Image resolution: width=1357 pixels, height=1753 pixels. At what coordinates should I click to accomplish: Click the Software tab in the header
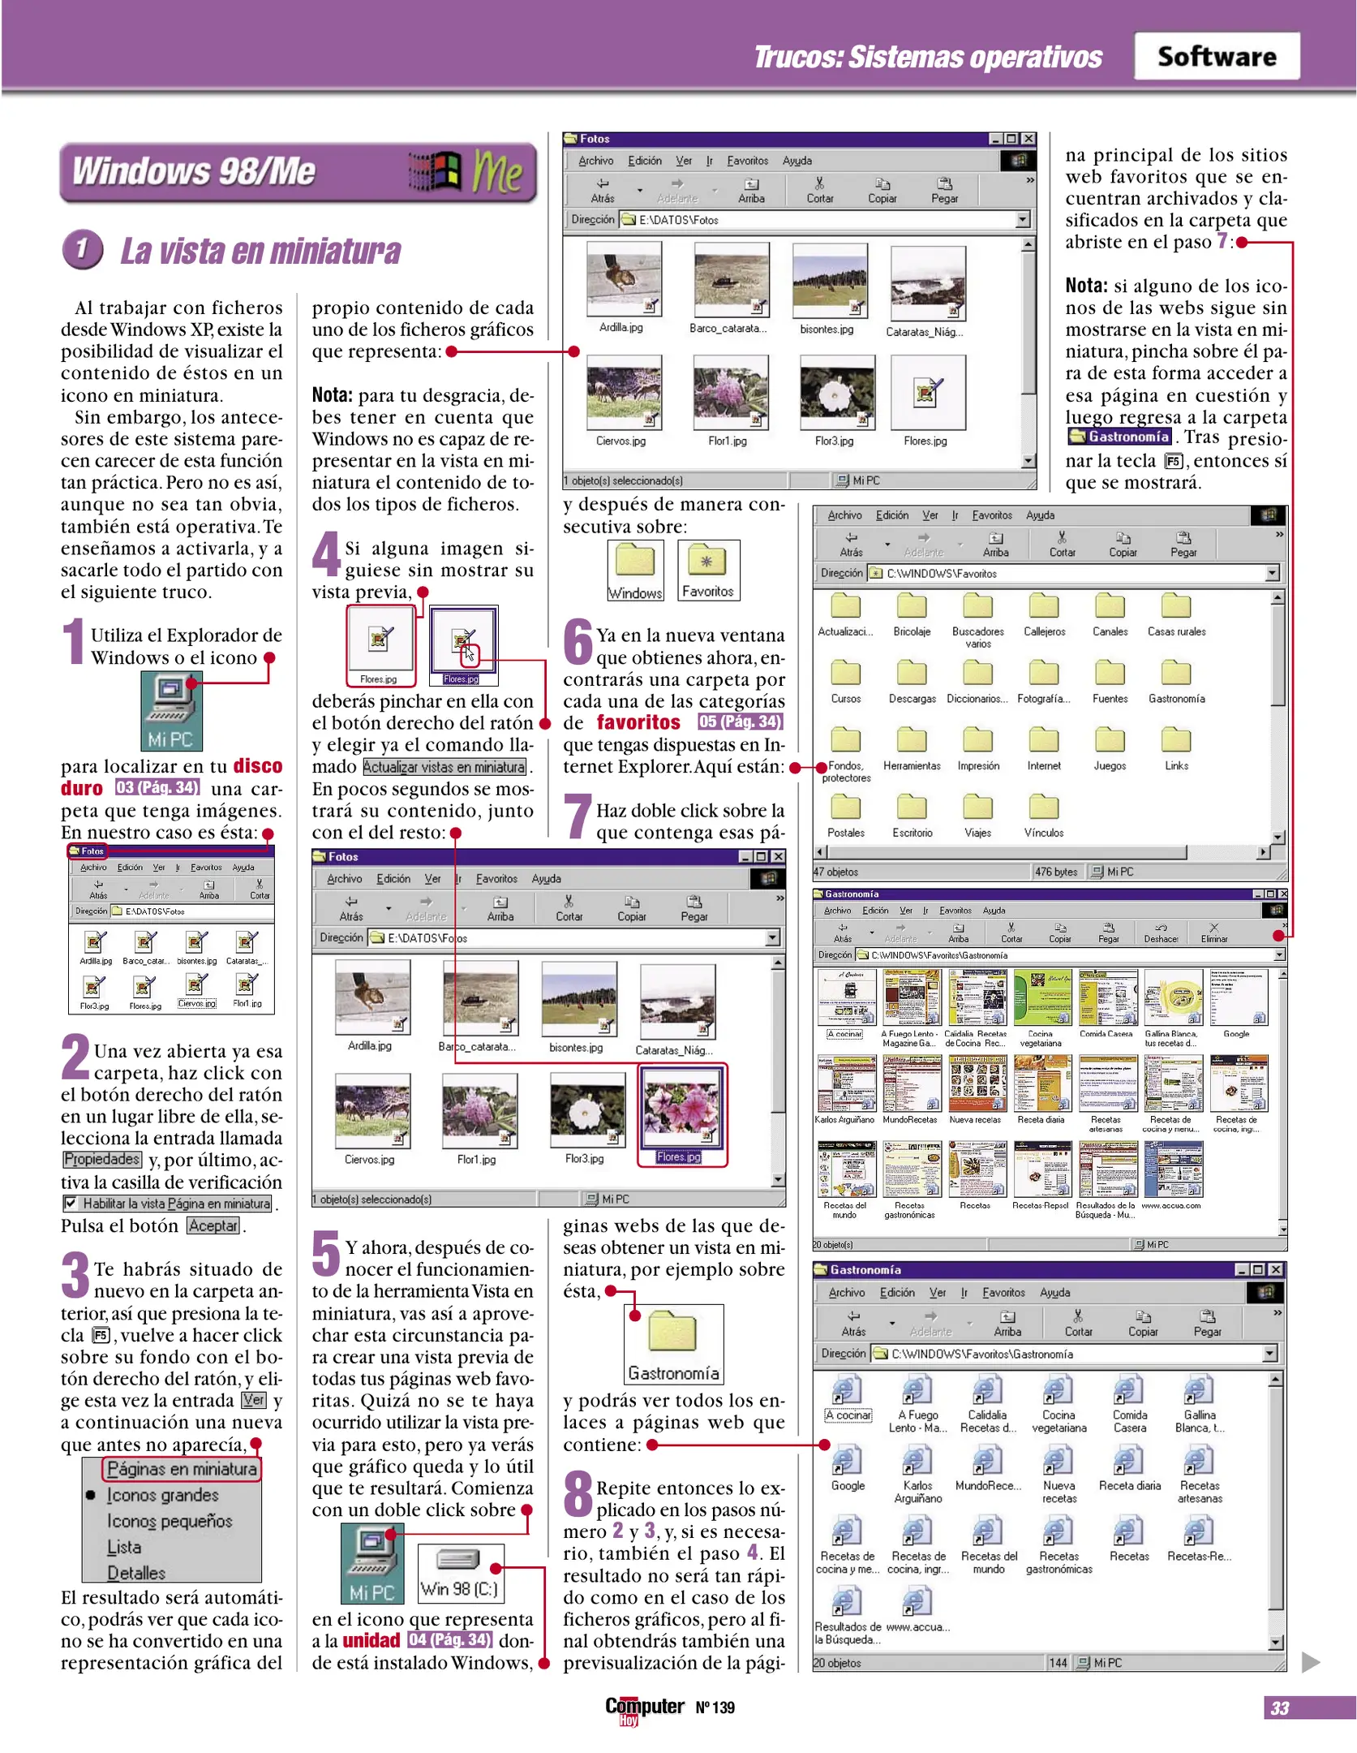point(1216,56)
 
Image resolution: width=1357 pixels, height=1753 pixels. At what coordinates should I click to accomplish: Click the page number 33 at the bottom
point(1279,1708)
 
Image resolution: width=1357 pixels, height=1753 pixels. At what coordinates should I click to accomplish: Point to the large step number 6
point(578,642)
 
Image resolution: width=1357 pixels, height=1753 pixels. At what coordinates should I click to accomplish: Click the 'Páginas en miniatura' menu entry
point(182,1469)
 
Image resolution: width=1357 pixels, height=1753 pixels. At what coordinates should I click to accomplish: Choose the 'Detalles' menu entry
point(136,1573)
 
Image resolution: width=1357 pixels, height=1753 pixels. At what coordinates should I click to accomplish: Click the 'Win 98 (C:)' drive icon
point(459,1572)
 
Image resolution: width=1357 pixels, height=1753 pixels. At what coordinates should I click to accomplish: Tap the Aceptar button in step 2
point(213,1225)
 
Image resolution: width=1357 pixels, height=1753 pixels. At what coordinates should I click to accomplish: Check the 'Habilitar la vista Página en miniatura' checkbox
point(71,1203)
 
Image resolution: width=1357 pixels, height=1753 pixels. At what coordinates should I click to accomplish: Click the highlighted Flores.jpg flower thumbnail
point(682,1105)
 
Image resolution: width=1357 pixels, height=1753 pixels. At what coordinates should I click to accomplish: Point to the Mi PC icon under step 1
point(171,709)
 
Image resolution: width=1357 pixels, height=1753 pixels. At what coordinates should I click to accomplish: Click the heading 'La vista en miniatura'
point(260,252)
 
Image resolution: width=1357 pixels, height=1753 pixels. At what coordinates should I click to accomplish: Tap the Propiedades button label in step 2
point(101,1159)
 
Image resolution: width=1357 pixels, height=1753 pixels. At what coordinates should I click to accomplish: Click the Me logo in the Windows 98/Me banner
point(497,171)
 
